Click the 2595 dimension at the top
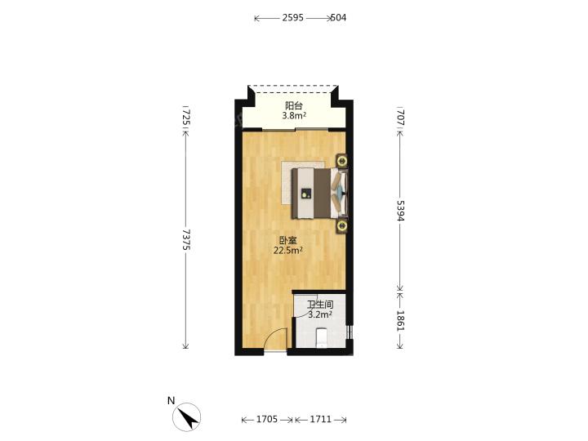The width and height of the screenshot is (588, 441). [x=293, y=18]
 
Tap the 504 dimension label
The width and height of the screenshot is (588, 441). [x=338, y=18]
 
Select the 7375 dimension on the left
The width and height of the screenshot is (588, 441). [x=186, y=240]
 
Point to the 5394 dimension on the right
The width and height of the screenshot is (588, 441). [x=400, y=211]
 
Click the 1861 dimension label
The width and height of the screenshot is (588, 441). [x=400, y=321]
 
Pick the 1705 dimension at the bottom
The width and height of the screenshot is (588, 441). [x=266, y=419]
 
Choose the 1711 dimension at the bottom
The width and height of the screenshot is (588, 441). [x=321, y=419]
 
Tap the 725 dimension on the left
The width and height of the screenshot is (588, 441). [x=186, y=118]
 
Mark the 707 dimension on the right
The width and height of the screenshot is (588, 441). [x=400, y=117]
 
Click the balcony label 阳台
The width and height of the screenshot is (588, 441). [x=294, y=106]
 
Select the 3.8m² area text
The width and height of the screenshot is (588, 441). [x=294, y=115]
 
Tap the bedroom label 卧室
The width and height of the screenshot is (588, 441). [x=288, y=240]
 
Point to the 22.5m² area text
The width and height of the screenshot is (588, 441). [x=288, y=250]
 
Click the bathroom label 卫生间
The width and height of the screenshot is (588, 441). [x=320, y=305]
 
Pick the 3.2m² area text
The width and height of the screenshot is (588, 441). [x=320, y=314]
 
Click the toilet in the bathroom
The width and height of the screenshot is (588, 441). [x=322, y=337]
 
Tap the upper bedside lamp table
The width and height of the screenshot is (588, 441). [x=342, y=161]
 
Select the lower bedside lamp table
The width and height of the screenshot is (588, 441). [x=341, y=225]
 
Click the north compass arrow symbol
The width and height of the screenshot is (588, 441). [x=187, y=417]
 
